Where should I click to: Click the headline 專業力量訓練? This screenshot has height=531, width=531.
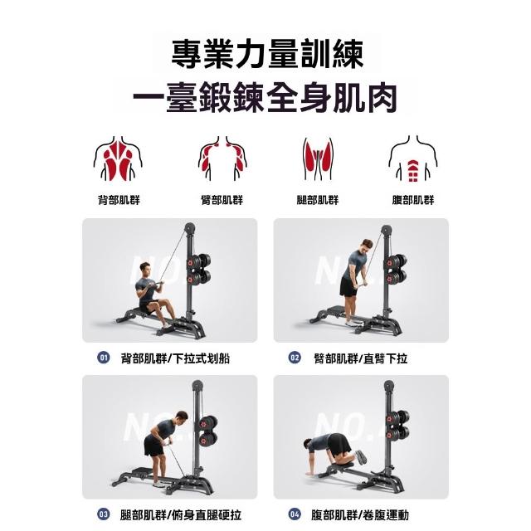pyautogui.click(x=267, y=54)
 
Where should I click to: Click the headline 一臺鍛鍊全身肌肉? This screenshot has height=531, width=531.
pyautogui.click(x=265, y=98)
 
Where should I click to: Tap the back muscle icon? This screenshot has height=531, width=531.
pyautogui.click(x=118, y=158)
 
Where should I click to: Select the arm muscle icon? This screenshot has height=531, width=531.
pyautogui.click(x=222, y=158)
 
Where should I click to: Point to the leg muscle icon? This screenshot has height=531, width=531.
pyautogui.click(x=318, y=158)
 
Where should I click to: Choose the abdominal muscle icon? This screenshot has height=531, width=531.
pyautogui.click(x=413, y=158)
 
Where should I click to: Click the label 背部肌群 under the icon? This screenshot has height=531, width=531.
pyautogui.click(x=119, y=200)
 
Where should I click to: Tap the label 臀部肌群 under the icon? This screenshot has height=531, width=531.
pyautogui.click(x=222, y=200)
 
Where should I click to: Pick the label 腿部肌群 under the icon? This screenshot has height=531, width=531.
pyautogui.click(x=318, y=200)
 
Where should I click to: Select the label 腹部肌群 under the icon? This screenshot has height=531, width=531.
pyautogui.click(x=413, y=200)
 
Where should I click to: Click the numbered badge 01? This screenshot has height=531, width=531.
pyautogui.click(x=103, y=358)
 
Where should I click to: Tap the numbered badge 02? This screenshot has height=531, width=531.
pyautogui.click(x=295, y=358)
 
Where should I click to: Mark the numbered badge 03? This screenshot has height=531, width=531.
pyautogui.click(x=103, y=514)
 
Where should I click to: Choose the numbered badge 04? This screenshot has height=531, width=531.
pyautogui.click(x=295, y=514)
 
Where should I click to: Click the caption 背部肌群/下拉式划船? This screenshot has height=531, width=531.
pyautogui.click(x=175, y=358)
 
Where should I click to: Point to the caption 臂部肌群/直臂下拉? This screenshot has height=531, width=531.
pyautogui.click(x=361, y=358)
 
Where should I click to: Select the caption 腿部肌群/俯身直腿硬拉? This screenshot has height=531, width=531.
pyautogui.click(x=181, y=515)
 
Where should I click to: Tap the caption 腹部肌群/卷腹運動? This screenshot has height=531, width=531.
pyautogui.click(x=360, y=515)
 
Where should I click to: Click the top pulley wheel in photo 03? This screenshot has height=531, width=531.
pyautogui.click(x=197, y=385)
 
